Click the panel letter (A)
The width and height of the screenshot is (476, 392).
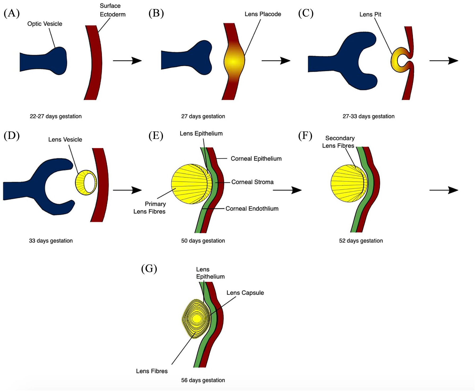(12, 13)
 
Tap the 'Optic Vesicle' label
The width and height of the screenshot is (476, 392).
(45, 24)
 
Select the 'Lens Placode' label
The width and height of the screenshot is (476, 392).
(263, 14)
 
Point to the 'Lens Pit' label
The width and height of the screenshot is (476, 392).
(370, 14)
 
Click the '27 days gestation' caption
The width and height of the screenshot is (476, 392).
(203, 116)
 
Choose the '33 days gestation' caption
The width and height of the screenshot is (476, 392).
(51, 241)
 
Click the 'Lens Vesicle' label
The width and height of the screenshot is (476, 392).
(65, 139)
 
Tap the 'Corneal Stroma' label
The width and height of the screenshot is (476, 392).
(252, 182)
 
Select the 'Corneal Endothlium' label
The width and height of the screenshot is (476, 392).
(252, 208)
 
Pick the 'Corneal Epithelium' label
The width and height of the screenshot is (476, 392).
(256, 159)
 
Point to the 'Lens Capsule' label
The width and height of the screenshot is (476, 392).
(245, 293)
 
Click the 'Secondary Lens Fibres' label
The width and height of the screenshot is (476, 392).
(339, 142)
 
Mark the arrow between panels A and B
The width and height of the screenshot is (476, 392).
(127, 61)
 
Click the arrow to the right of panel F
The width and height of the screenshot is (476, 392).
(444, 190)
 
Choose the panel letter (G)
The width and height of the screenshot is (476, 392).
(149, 269)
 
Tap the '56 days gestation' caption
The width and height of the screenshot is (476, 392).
(203, 380)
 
